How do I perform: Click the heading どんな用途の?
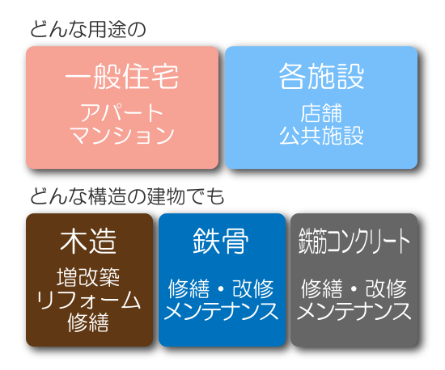point(88,29)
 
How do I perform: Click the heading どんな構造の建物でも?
point(127,196)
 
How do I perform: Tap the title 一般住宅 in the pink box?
point(122,76)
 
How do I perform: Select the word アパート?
point(122,112)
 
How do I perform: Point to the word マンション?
point(122,135)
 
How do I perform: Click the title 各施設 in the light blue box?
point(321,76)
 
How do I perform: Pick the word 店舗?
point(321,113)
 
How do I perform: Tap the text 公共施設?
point(321,136)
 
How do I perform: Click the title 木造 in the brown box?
point(88,242)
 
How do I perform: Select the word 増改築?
point(88,277)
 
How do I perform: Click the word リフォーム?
point(88,300)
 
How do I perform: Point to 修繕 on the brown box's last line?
point(88,322)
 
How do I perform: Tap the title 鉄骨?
point(221,242)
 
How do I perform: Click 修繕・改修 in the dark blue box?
point(221,288)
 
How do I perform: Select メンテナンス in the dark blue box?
point(221,311)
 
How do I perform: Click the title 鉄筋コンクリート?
point(354,242)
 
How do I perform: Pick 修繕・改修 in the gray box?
point(354,288)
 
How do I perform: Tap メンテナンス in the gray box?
point(354,311)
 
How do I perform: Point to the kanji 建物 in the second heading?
point(166,196)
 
